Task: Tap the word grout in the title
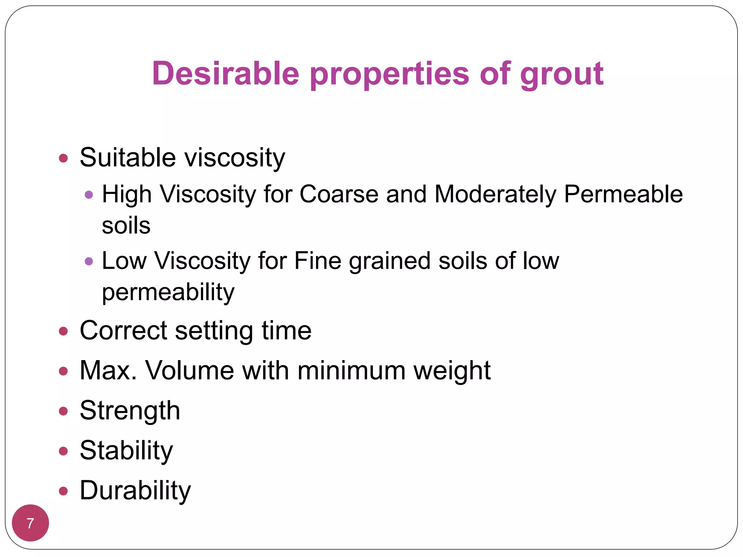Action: (x=562, y=74)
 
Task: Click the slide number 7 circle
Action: (x=30, y=523)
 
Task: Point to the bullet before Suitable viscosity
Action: (x=63, y=158)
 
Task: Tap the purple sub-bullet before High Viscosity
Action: (x=89, y=195)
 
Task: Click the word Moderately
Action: (x=495, y=195)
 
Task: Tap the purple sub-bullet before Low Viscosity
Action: (x=89, y=261)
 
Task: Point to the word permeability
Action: (x=168, y=292)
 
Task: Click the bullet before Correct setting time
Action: (x=63, y=331)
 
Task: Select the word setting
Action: (x=214, y=331)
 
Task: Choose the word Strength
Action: (x=130, y=410)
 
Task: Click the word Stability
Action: (x=126, y=451)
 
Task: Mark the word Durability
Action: (x=135, y=491)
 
